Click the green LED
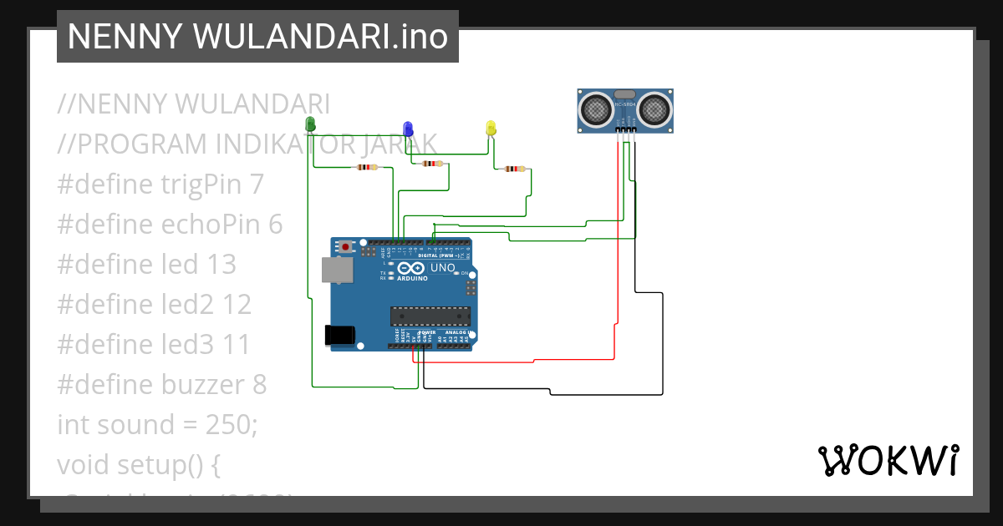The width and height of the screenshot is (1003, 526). coord(310,125)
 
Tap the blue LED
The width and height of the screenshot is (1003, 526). coord(408,129)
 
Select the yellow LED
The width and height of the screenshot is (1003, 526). coord(491,128)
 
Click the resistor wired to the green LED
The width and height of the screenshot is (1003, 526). coord(366,167)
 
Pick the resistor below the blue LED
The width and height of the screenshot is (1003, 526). coord(431,164)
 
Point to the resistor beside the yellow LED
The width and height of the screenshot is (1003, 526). coord(512,169)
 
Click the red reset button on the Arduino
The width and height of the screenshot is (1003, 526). coord(345,247)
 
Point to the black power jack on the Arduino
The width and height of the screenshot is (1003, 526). coord(339,335)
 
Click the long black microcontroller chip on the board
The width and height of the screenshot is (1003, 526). coord(430,316)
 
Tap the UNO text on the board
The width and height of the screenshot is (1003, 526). coord(442,269)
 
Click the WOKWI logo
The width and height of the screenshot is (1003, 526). coord(888,460)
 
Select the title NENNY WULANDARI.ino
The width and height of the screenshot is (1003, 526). coord(257,37)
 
